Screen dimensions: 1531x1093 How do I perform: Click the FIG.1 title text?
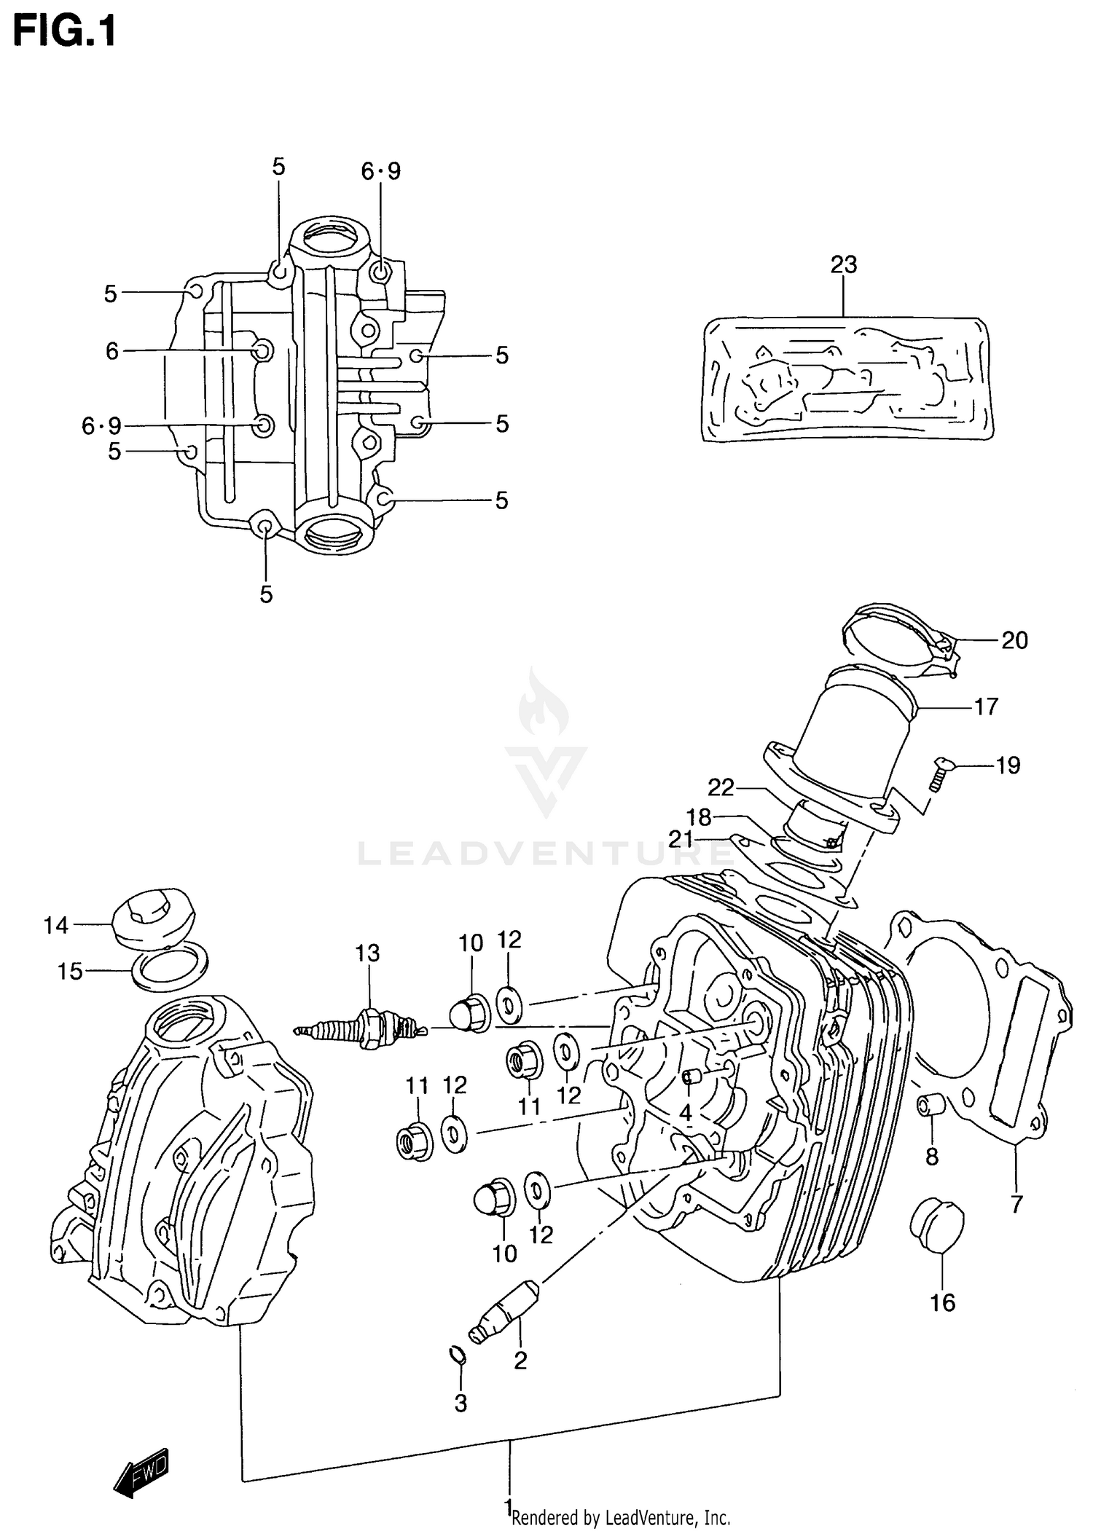click(x=64, y=32)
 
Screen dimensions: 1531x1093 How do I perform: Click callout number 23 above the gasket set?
click(x=843, y=264)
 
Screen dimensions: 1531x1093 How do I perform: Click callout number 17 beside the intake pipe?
click(x=985, y=707)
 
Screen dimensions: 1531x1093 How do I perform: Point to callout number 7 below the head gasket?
click(x=1016, y=1204)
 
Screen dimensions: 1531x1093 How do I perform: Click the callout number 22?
click(x=721, y=787)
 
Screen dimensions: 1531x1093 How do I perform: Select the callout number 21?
click(x=681, y=839)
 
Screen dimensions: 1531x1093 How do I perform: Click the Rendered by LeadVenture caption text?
click(x=621, y=1518)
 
